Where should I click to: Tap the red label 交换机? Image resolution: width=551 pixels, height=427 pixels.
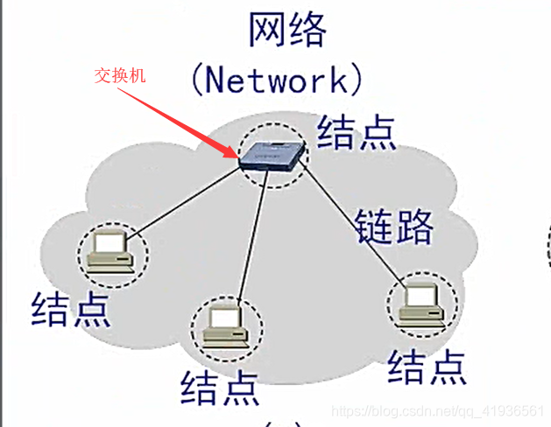pyautogui.click(x=120, y=76)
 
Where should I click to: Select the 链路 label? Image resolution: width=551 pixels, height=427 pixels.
pyautogui.click(x=393, y=226)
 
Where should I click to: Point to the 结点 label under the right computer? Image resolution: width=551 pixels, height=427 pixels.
pyautogui.click(x=427, y=367)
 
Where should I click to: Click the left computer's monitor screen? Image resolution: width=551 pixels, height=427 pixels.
pyautogui.click(x=111, y=244)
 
